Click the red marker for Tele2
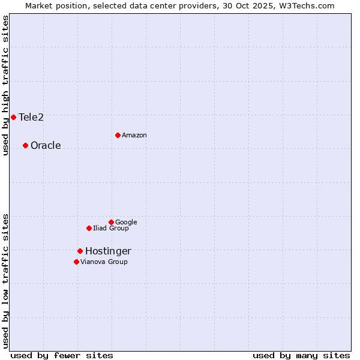[x=13, y=117]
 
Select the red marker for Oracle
[x=25, y=145]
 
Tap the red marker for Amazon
[x=118, y=135]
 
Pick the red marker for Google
[x=111, y=222]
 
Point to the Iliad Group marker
[x=89, y=228]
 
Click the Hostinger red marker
[x=80, y=251]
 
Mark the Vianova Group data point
[x=76, y=262]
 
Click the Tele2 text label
[x=31, y=117]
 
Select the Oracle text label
[x=46, y=145]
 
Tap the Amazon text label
[x=134, y=135]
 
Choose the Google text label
[x=126, y=222]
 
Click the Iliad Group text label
[x=111, y=228]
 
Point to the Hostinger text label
[x=108, y=251]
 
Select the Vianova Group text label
[x=104, y=262]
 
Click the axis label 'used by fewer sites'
[x=62, y=355]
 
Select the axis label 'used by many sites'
[x=301, y=355]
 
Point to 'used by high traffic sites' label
[x=5, y=85]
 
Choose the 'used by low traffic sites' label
[x=5, y=280]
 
